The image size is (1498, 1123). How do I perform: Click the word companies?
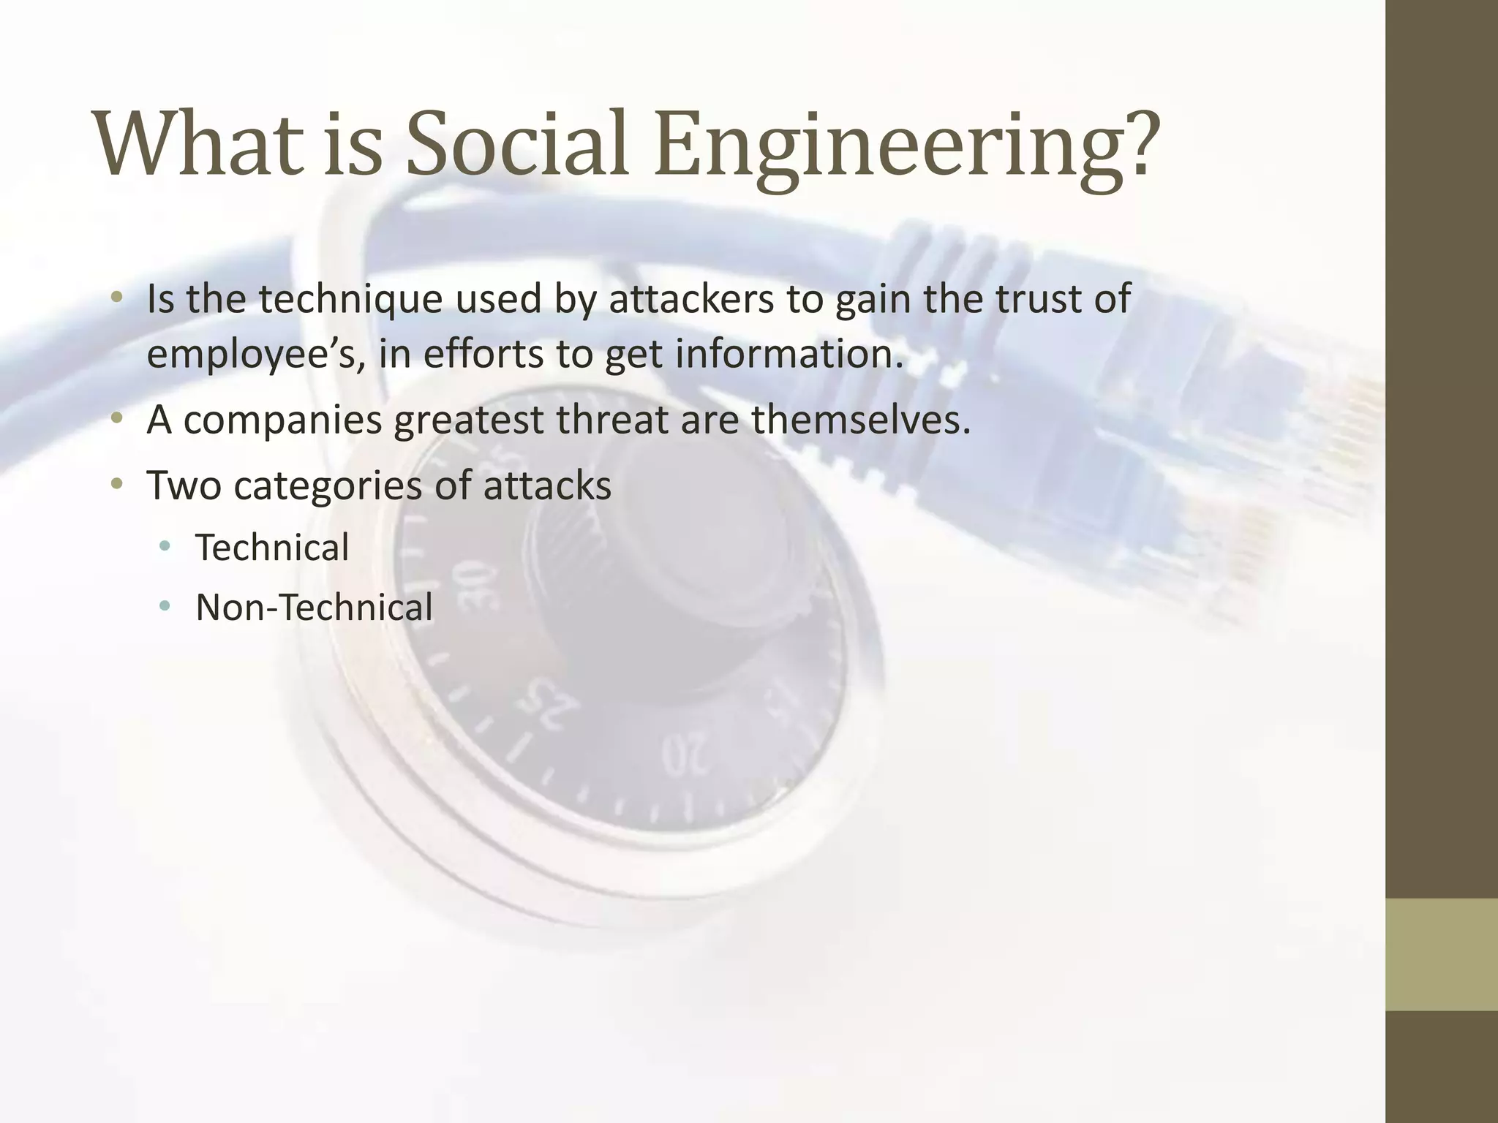[282, 421]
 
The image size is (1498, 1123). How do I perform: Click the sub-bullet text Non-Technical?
[314, 608]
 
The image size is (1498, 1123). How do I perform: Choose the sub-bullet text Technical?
[272, 548]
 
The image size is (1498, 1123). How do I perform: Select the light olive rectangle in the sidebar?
[1442, 954]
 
